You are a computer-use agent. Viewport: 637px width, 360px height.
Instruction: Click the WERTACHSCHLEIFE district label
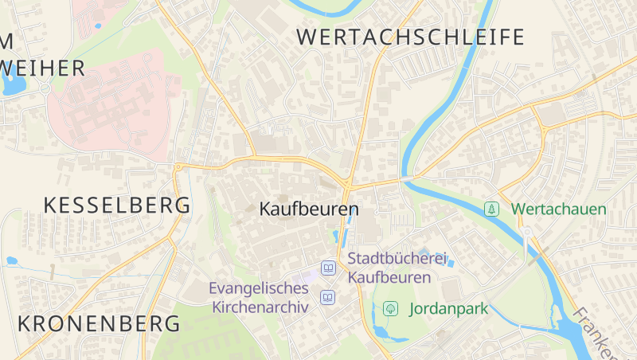[410, 37]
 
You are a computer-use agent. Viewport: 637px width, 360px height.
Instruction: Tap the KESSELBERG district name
[117, 205]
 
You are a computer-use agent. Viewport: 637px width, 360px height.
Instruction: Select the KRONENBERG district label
[99, 324]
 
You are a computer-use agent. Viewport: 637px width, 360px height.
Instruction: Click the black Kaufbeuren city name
[309, 209]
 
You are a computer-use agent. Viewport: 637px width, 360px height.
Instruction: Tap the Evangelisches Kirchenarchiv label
[259, 297]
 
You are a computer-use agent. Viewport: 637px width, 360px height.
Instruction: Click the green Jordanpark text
[447, 308]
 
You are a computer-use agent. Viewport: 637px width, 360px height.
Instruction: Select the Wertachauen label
[558, 209]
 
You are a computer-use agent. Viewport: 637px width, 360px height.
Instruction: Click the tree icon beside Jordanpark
[390, 308]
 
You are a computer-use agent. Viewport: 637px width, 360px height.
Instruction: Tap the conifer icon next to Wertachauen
[492, 209]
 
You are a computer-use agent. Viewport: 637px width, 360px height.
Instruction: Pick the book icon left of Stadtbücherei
[327, 268]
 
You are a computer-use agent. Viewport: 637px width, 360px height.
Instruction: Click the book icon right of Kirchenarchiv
[327, 297]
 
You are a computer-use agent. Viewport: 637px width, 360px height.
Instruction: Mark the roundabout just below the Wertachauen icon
[526, 233]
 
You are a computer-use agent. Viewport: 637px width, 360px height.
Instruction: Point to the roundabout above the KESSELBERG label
[178, 166]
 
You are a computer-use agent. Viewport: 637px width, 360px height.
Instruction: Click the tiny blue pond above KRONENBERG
[12, 260]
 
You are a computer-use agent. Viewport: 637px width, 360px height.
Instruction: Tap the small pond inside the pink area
[98, 25]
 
